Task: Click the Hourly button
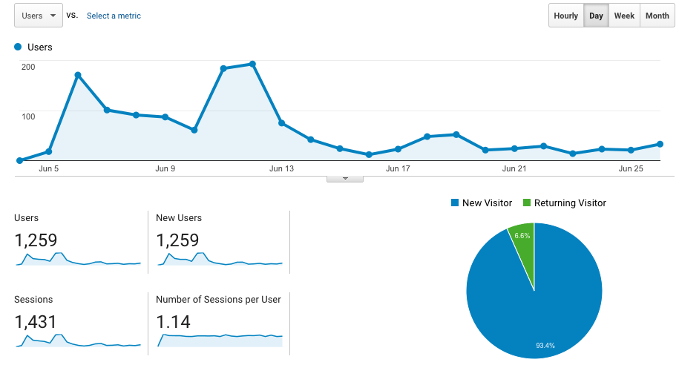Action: tap(565, 16)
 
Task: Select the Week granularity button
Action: tap(624, 16)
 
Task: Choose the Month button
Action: tap(657, 16)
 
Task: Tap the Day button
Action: tap(596, 16)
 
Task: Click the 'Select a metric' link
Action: tap(114, 16)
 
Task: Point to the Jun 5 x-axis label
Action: tap(49, 169)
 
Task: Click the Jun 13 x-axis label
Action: tap(281, 169)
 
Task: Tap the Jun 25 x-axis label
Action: tap(631, 169)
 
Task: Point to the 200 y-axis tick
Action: tap(28, 67)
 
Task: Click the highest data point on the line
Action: tap(252, 64)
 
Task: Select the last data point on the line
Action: tap(660, 144)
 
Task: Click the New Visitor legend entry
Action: tap(481, 203)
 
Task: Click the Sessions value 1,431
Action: tap(36, 322)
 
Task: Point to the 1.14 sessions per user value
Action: tap(174, 322)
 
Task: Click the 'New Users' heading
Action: tap(179, 218)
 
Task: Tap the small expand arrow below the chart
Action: tap(345, 179)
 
